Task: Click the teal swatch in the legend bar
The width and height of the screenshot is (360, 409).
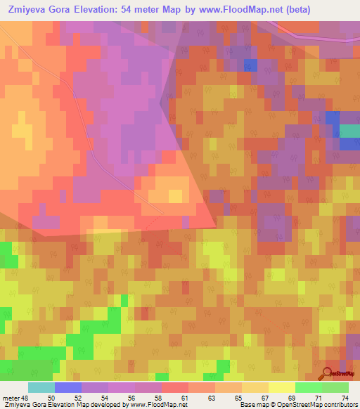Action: [41, 387]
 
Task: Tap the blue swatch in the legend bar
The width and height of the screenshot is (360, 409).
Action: [68, 387]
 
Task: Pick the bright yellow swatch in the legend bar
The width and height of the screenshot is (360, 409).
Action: [282, 387]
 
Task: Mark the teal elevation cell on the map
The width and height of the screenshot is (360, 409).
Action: [349, 131]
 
